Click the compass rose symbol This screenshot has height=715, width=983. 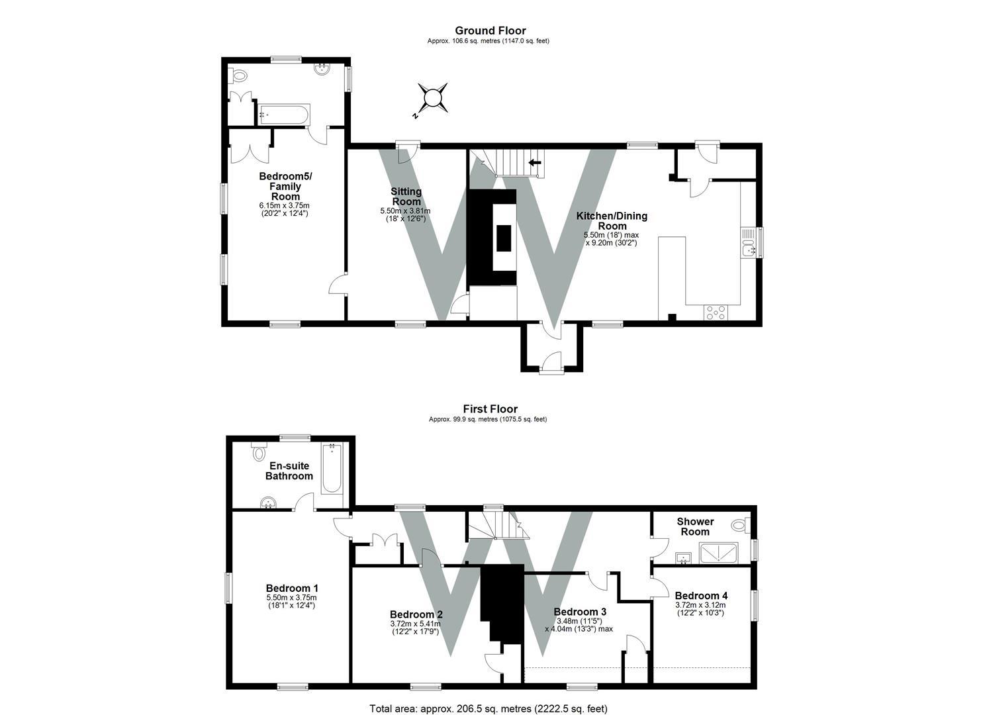click(432, 97)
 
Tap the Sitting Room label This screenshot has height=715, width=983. click(406, 197)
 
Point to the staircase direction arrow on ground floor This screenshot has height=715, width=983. click(534, 162)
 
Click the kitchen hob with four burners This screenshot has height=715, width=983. click(716, 312)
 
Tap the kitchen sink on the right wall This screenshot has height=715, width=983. click(749, 242)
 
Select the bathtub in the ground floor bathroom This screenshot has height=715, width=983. click(283, 115)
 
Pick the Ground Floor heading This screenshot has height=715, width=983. click(490, 30)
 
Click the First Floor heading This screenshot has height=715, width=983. click(490, 409)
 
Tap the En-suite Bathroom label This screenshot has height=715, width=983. click(289, 471)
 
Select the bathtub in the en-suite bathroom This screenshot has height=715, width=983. click(332, 469)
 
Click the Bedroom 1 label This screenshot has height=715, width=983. click(292, 588)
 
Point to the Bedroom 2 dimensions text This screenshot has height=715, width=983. click(416, 628)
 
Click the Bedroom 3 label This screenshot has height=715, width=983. click(580, 611)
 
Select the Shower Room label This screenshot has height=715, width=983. click(695, 526)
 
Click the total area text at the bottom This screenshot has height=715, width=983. click(489, 708)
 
